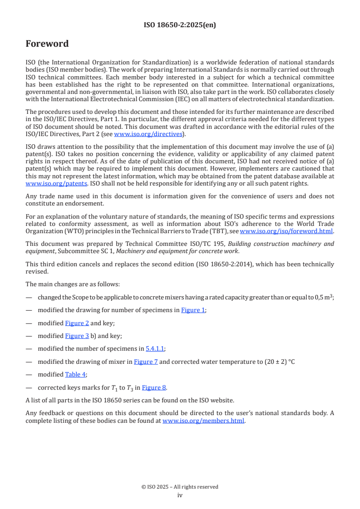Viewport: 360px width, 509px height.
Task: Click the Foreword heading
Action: click(47, 44)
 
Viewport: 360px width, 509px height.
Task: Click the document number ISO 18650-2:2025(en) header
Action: click(180, 25)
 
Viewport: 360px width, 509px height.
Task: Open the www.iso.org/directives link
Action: click(148, 134)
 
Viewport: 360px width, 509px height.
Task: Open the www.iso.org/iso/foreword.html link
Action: click(283, 230)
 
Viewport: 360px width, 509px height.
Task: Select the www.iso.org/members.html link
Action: click(204, 421)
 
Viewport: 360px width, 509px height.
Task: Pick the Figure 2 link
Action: click(77, 323)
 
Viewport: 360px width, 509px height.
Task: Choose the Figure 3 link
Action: click(77, 336)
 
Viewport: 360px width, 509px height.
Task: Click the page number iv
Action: click(180, 495)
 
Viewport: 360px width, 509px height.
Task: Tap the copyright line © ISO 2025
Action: click(180, 487)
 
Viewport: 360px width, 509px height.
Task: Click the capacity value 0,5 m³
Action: click(324, 297)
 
